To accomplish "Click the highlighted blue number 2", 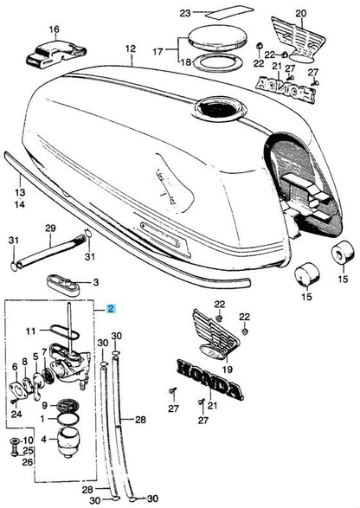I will click(x=110, y=308).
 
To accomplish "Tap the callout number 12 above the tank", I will click(x=131, y=49).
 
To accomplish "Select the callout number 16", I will click(x=54, y=29).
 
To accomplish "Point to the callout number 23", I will click(x=183, y=13).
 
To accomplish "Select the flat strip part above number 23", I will click(x=211, y=13).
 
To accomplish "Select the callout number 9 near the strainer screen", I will click(x=46, y=403).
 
